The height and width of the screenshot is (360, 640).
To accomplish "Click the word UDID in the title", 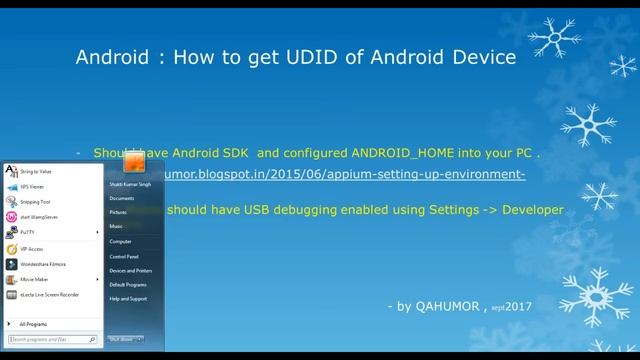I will tap(296, 57).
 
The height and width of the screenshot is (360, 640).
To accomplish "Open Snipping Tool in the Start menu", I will tap(36, 201).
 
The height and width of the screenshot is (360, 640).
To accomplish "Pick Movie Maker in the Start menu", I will tap(34, 279).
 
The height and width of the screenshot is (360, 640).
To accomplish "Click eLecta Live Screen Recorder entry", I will tap(49, 295).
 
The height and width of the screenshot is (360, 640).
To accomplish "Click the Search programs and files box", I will tap(50, 340).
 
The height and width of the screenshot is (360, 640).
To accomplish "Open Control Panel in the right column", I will tap(125, 256).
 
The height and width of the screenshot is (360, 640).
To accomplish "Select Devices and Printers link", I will tap(131, 271).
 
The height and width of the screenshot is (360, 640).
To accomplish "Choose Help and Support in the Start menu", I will tap(128, 298).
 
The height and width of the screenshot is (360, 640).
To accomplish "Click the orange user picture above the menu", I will tap(134, 161).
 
